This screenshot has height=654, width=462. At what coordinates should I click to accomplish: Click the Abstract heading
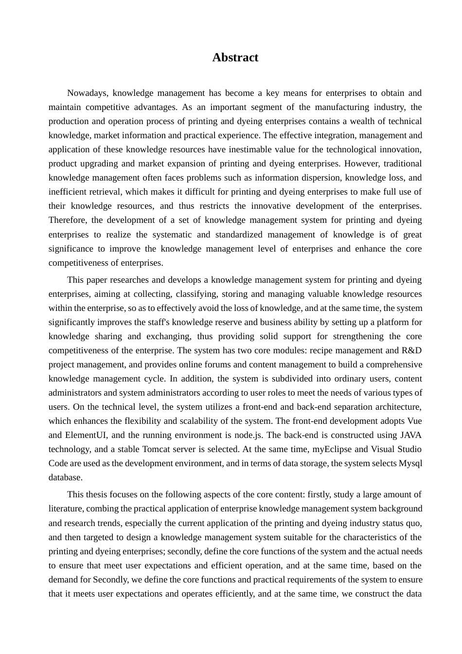[x=235, y=57]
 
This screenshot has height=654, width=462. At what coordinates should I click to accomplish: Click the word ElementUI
[x=85, y=435]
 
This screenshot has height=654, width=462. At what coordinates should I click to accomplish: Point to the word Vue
[x=414, y=421]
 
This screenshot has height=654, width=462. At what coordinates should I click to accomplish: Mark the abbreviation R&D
[x=411, y=350]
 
